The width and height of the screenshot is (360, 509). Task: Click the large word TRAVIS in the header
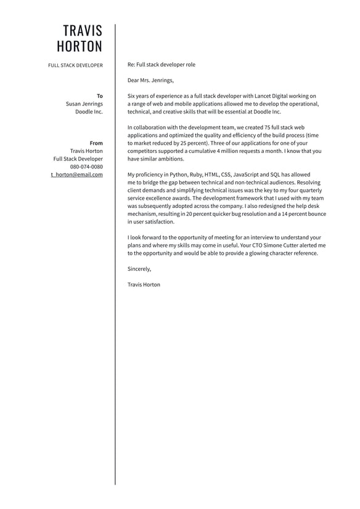83,31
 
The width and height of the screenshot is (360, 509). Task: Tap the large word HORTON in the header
80,47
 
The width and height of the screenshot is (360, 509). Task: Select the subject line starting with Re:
161,64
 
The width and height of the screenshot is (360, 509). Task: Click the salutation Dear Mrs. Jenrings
150,80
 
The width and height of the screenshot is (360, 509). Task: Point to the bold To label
100,96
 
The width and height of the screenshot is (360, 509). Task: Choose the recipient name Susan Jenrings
84,104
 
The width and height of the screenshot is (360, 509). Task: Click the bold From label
96,143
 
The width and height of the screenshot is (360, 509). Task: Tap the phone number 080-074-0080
86,167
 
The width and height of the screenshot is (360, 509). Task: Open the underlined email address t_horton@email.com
76,175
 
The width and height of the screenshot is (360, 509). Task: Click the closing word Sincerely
139,268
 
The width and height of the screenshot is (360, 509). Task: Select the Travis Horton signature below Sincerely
144,284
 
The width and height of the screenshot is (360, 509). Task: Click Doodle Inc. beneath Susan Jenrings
89,112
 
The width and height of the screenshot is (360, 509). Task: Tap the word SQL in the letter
275,175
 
